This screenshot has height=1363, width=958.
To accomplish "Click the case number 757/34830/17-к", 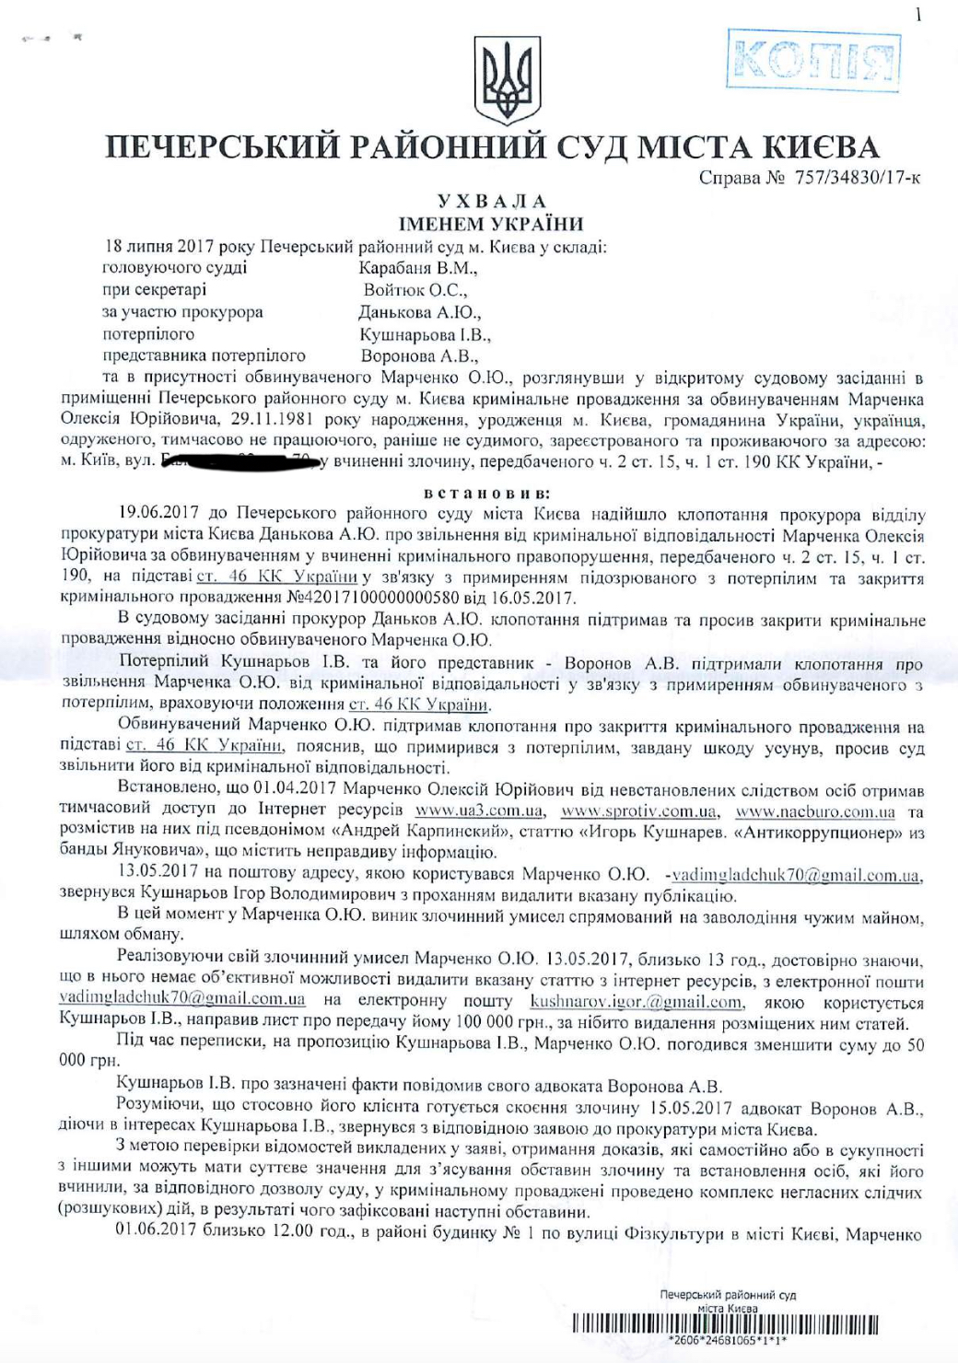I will point(857,177).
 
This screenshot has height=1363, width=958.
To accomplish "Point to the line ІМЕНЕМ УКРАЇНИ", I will point(491,223).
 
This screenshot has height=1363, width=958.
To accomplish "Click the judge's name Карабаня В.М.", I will point(418,268).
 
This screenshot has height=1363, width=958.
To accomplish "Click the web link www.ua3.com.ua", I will point(479,811).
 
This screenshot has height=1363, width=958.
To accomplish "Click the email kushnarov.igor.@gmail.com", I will point(637,1002).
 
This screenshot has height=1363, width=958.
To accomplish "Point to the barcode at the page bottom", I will point(725,1326).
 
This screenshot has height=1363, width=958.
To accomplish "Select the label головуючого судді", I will point(174,268).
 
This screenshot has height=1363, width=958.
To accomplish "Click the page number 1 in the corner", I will point(917,15).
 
